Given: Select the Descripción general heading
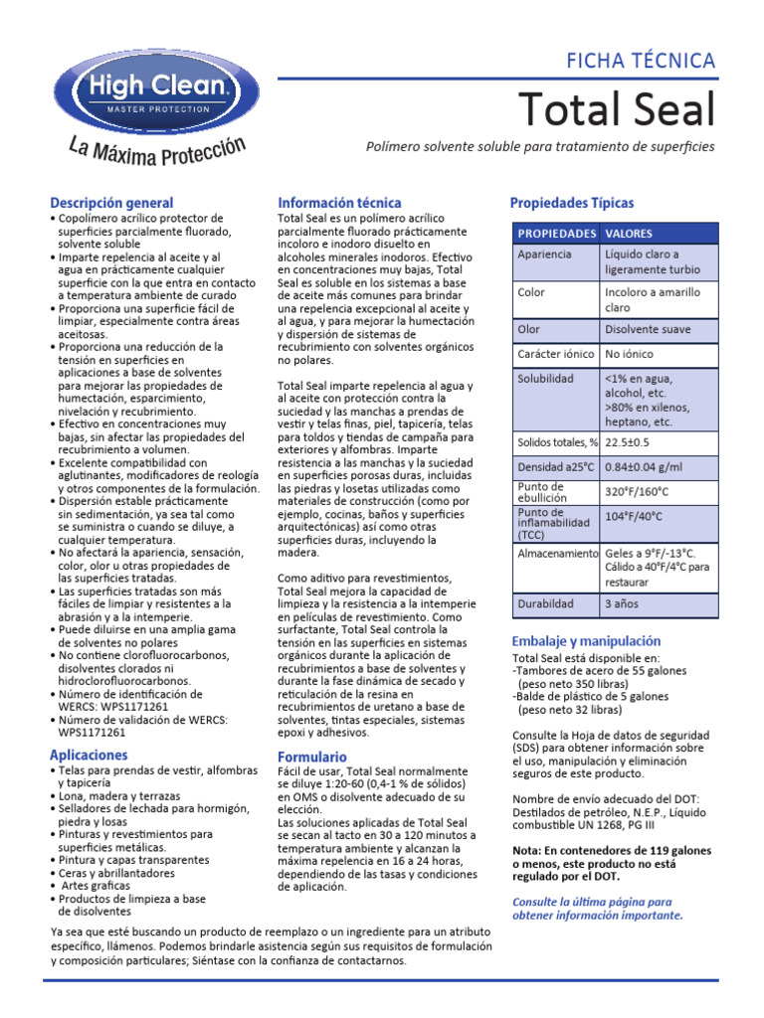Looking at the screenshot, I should (111, 203).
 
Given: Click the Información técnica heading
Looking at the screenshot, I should (339, 203).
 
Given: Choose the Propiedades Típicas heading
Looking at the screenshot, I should (571, 203).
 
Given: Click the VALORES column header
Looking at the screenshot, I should (629, 234).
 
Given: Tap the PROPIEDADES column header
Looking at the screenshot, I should (554, 234).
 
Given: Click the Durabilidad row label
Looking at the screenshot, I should (545, 603).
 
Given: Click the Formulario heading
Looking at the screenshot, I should (312, 757).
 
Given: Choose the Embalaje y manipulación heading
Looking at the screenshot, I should (585, 641).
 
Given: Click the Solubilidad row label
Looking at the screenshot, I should (545, 379).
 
